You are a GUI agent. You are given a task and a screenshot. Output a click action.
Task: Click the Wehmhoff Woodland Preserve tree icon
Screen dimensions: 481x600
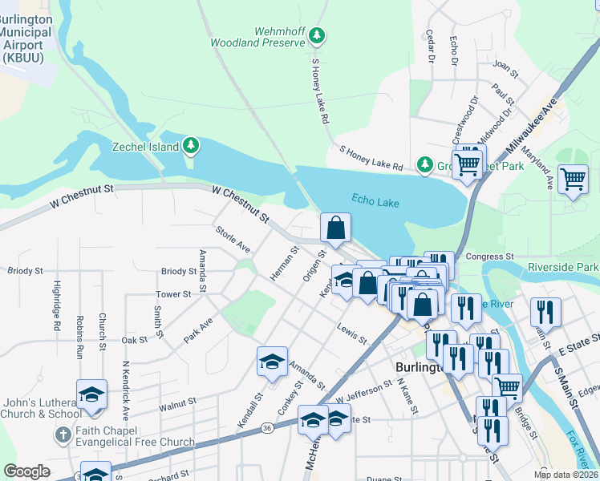pos(318,35)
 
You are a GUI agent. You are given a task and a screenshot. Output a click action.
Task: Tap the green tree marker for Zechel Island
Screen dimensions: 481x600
pos(190,145)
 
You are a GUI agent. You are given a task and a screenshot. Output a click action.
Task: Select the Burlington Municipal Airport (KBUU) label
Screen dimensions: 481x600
pos(26,38)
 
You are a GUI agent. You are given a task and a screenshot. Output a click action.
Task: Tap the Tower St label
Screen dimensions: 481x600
pos(173,294)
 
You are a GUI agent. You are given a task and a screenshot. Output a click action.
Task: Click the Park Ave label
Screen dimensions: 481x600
pos(197,329)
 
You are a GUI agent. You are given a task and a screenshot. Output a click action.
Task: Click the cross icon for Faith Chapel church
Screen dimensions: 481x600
pos(62,435)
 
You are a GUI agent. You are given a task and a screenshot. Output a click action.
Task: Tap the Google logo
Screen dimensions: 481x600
pos(26,471)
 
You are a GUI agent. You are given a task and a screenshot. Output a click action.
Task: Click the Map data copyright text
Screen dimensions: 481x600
pos(566,475)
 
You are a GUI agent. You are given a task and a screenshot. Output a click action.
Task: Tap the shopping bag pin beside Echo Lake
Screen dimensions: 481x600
pos(335,228)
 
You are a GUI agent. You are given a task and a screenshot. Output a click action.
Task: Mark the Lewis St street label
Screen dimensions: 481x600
pos(351,334)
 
